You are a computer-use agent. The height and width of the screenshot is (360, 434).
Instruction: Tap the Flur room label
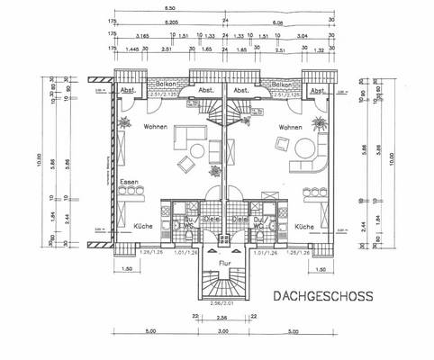coord(224,263)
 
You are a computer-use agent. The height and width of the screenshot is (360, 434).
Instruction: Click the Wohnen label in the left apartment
coord(156,129)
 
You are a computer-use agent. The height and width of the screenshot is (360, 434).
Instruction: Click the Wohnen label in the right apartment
coord(290,129)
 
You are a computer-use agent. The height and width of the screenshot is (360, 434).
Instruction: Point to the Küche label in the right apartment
coord(303,227)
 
